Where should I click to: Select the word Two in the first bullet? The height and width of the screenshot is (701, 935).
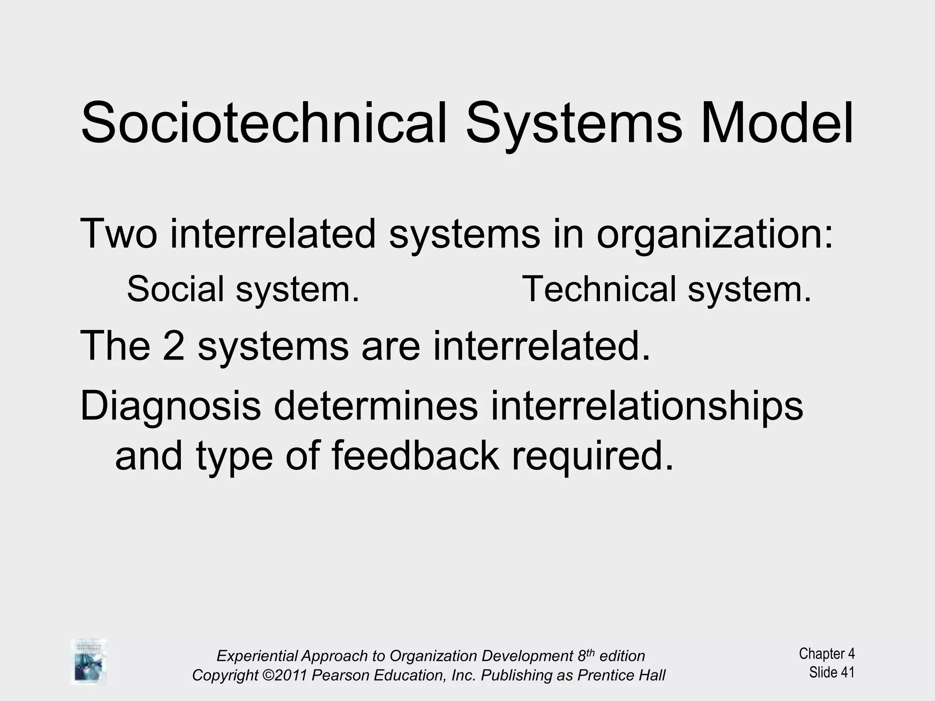(118, 234)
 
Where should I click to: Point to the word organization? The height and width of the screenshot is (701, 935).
(714, 235)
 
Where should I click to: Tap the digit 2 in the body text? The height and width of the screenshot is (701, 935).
(173, 346)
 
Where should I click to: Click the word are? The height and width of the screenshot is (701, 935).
(390, 346)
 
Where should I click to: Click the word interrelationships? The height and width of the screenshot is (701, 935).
(646, 406)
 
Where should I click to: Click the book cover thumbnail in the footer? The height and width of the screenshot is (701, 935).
(88, 661)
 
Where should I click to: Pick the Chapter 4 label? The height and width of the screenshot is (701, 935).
(826, 654)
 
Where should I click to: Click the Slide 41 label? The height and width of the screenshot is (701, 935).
(831, 672)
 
